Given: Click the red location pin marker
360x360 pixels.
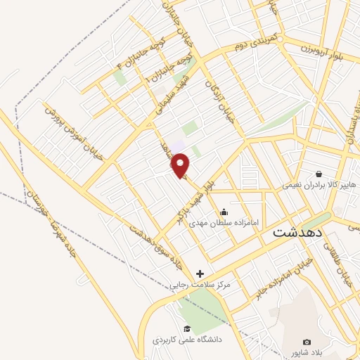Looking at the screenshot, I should pos(181,166).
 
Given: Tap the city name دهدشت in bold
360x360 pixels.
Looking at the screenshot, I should pos(297,231).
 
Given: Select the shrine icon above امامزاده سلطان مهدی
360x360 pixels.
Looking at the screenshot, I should pos(224,212).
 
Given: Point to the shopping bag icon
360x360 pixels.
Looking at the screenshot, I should pos(319,174).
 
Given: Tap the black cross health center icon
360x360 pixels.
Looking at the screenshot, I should pos(200,274).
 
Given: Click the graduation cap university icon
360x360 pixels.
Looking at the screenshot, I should pos(186,328).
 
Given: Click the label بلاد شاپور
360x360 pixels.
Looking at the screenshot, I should pos(305,352).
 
